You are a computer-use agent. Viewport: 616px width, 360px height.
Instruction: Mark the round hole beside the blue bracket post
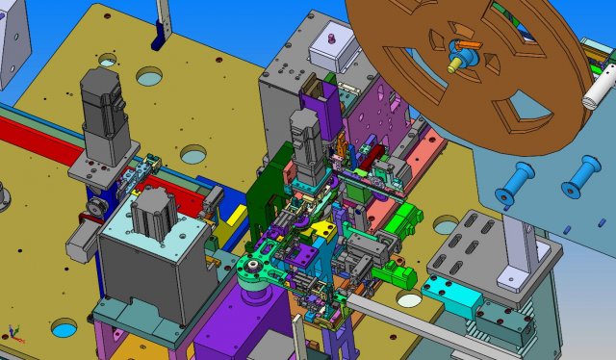tap(149, 75)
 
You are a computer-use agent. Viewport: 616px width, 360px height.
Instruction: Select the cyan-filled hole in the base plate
tap(63, 329)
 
